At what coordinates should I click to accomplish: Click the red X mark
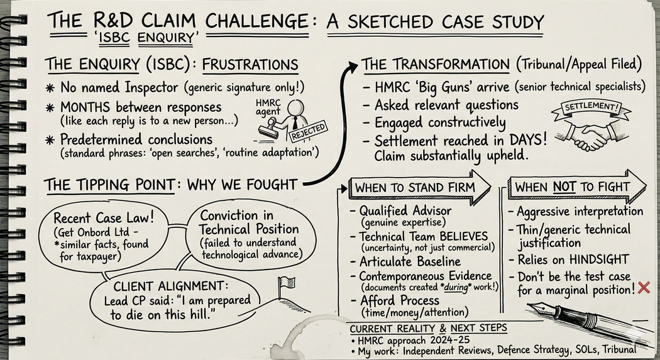(643, 288)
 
